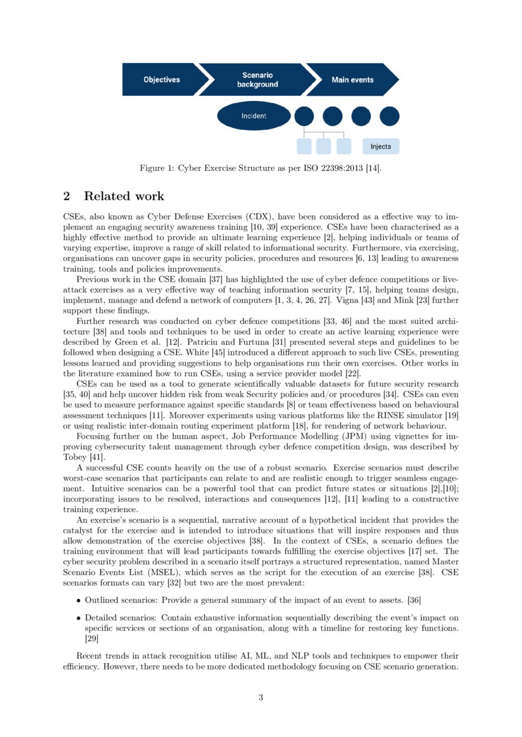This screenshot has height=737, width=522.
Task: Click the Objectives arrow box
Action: [162, 79]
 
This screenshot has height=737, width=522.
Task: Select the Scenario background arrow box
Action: [258, 79]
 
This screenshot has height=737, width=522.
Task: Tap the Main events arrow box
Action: [352, 79]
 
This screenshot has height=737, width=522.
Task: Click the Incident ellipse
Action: [254, 116]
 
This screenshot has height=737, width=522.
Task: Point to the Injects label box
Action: [381, 147]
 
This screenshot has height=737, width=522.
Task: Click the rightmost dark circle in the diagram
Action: [389, 116]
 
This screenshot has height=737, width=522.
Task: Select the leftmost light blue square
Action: [304, 146]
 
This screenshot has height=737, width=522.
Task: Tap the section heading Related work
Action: [124, 196]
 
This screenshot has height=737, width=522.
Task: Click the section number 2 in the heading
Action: [68, 196]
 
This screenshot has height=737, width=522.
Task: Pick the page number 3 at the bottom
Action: [261, 697]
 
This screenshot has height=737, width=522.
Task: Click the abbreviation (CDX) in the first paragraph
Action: [258, 216]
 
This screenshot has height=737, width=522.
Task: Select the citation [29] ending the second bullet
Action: [92, 639]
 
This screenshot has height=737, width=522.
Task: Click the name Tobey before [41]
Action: [76, 456]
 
